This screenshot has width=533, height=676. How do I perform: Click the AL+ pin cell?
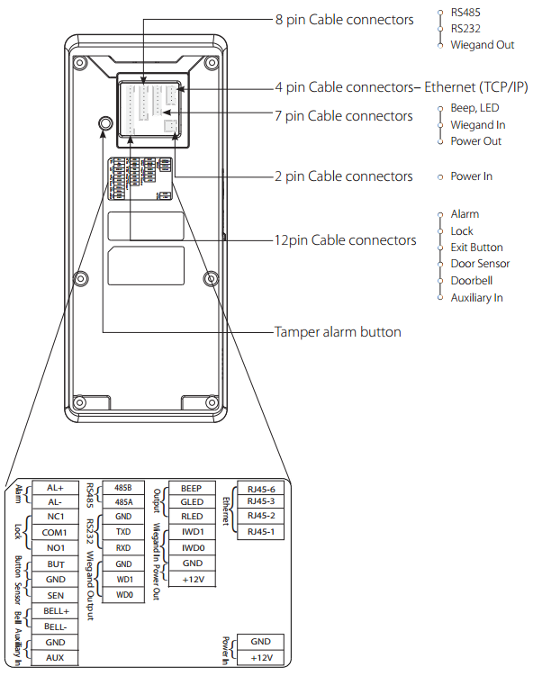click(55, 488)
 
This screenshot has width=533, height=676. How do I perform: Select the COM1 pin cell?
click(55, 533)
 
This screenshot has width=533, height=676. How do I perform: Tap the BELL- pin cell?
click(55, 626)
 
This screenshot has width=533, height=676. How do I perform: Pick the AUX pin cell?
click(55, 657)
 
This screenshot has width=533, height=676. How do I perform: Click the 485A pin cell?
click(123, 502)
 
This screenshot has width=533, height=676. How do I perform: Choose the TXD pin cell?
click(123, 532)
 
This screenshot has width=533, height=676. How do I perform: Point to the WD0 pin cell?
click(123, 595)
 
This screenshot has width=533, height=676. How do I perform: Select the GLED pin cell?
click(192, 502)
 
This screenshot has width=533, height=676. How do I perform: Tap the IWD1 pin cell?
click(192, 532)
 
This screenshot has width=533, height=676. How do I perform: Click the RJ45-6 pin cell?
click(261, 489)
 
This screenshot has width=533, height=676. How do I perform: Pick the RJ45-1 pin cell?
click(261, 532)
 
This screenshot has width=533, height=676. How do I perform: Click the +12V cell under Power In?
click(261, 657)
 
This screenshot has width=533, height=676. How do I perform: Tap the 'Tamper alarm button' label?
click(338, 332)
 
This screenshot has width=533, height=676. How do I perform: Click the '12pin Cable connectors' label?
click(346, 240)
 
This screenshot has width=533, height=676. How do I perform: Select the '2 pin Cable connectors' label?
click(344, 176)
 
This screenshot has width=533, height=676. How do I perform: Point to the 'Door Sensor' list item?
click(480, 264)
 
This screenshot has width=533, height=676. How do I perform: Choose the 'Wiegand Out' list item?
click(482, 45)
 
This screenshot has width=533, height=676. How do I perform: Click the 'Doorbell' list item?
click(472, 281)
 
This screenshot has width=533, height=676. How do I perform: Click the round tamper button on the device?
click(104, 123)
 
